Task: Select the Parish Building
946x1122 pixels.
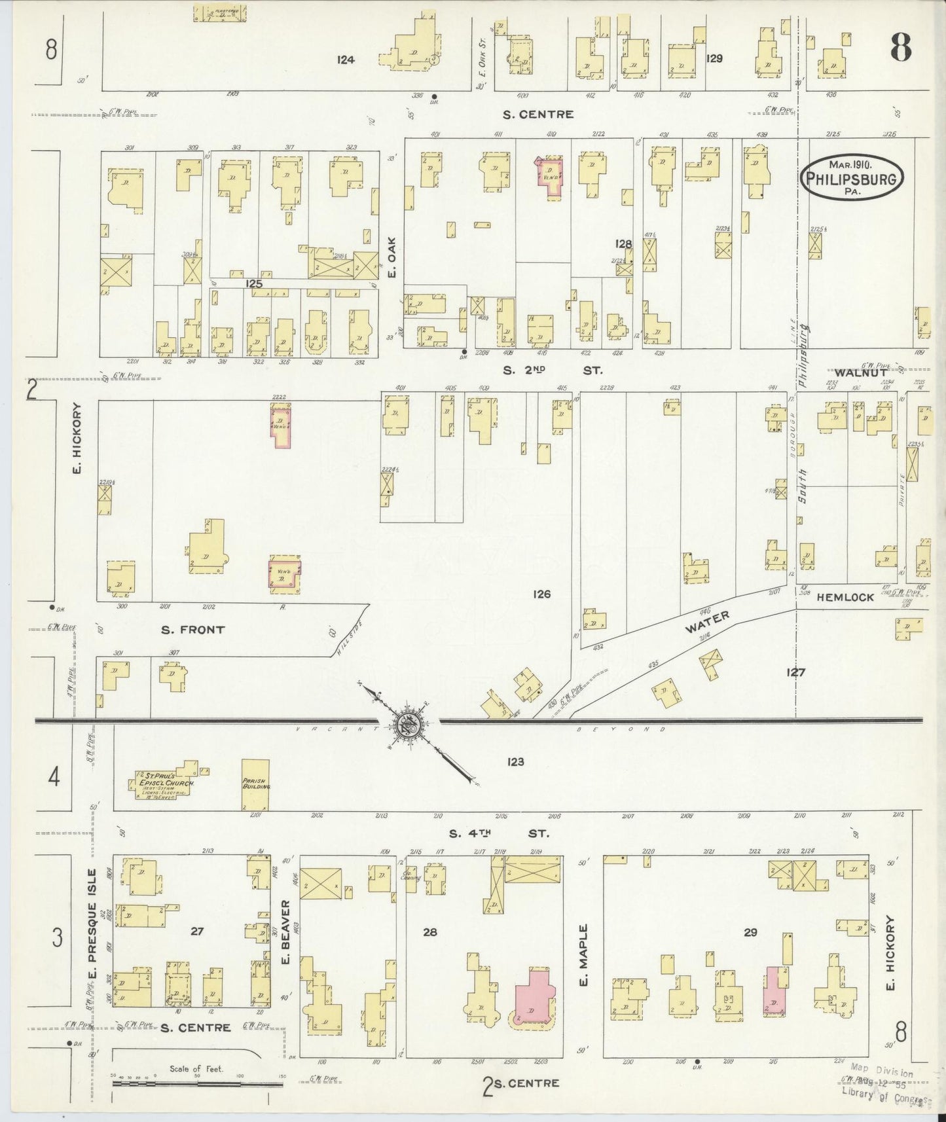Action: [255, 785]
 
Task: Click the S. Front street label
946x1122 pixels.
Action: [192, 630]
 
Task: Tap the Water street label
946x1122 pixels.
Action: [707, 622]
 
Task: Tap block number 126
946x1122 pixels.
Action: [541, 594]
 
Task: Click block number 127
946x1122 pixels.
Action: [796, 672]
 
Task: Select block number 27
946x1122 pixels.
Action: [196, 932]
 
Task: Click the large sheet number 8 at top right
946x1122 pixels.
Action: [901, 47]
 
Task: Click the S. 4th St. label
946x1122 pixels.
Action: [498, 834]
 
